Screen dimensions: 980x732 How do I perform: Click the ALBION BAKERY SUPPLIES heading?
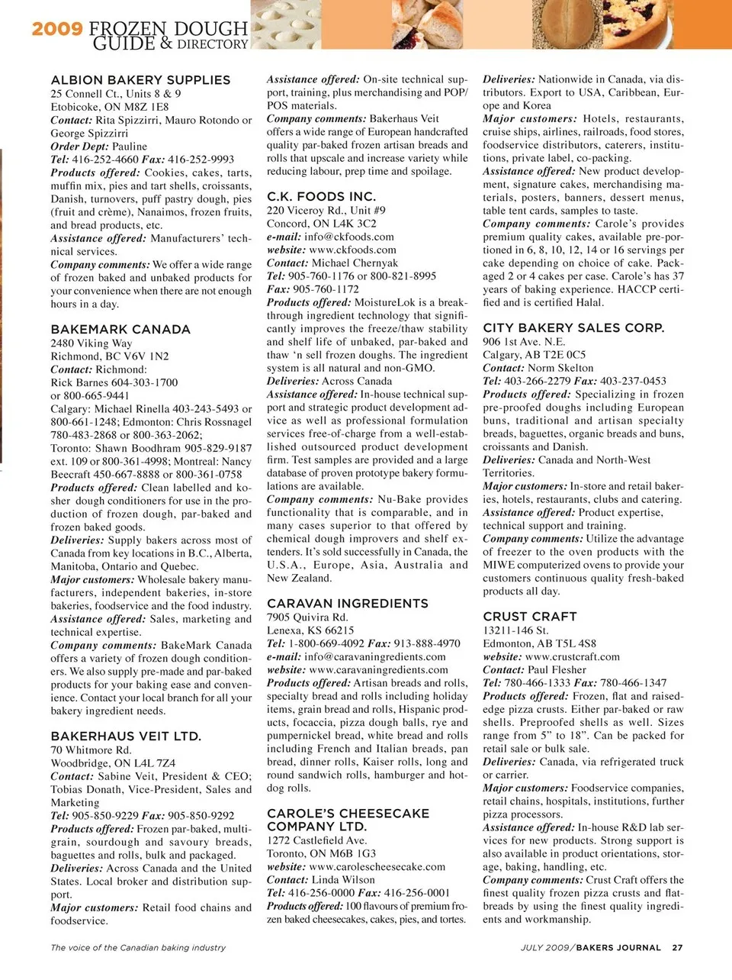tap(140, 80)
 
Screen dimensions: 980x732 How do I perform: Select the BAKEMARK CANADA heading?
tap(120, 330)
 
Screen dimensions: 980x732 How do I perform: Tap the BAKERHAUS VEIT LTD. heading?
tap(126, 737)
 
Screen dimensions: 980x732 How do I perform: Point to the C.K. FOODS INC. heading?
tap(321, 196)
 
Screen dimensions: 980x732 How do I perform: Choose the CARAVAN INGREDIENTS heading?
tap(347, 603)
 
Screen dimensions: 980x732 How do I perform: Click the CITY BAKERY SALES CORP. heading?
tap(573, 327)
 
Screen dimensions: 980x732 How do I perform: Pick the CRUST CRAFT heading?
tap(529, 616)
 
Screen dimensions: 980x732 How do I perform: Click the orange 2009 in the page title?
tap(57, 29)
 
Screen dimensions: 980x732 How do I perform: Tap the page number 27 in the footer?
tap(677, 947)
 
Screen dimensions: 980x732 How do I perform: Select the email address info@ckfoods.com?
tap(349, 237)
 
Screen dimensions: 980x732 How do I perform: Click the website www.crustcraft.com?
tap(572, 656)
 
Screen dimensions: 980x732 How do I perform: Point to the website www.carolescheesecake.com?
tap(377, 866)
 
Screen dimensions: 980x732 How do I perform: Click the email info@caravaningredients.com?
tap(375, 656)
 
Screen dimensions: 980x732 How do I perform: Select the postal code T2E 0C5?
tap(565, 355)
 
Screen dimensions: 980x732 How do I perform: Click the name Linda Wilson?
tap(343, 880)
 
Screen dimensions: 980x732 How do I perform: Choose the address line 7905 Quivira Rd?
tap(307, 617)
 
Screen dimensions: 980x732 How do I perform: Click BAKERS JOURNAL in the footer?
tap(618, 947)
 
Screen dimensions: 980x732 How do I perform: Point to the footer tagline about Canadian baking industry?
tap(138, 947)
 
